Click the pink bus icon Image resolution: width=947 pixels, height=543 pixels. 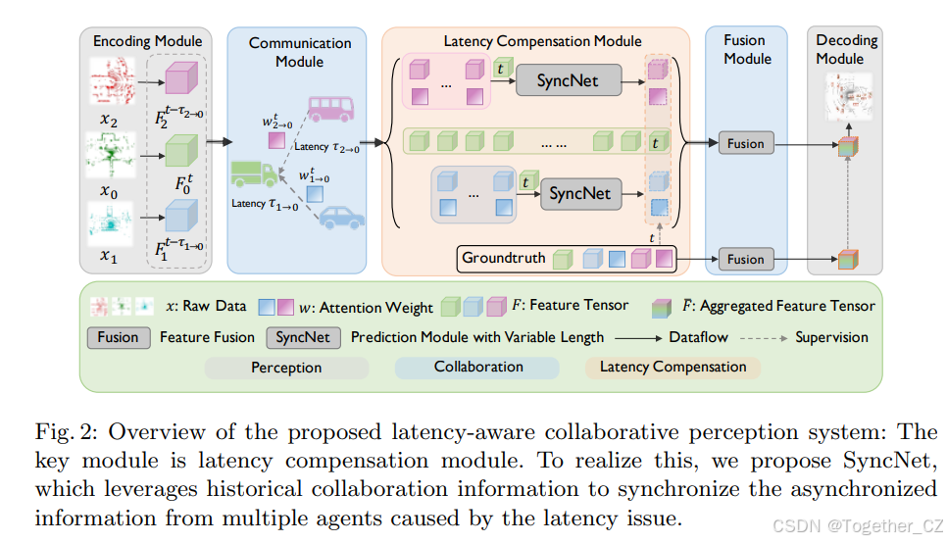(330, 108)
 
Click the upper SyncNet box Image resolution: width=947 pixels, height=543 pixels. (568, 81)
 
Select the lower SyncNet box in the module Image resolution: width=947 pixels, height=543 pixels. (579, 193)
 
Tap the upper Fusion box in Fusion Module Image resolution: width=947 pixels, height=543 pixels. (745, 144)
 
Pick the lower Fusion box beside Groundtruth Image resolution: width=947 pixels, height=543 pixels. (745, 260)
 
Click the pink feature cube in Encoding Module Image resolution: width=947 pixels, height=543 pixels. (180, 79)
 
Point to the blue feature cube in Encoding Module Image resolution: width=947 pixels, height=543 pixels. (180, 216)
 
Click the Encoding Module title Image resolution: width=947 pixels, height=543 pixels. (147, 41)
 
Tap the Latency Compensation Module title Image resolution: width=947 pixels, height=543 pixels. (542, 41)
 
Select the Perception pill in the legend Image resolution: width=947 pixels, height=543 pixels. (286, 368)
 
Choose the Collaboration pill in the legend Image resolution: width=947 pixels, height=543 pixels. (478, 367)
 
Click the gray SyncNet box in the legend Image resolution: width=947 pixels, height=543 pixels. (304, 337)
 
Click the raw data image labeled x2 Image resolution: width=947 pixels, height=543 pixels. (114, 80)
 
